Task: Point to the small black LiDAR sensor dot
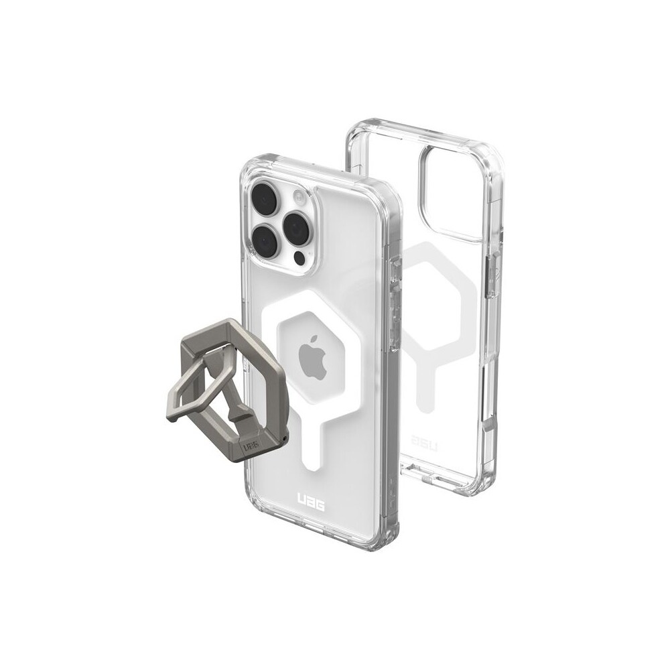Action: (x=301, y=258)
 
